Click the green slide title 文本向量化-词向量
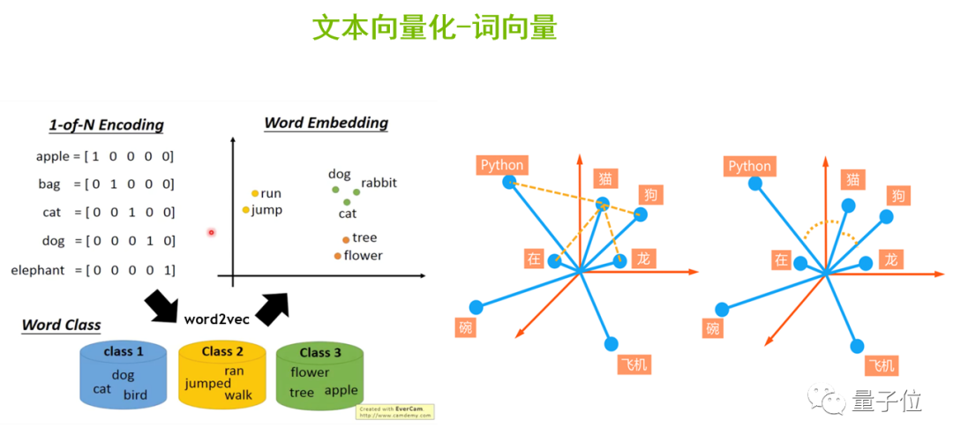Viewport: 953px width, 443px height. (x=434, y=28)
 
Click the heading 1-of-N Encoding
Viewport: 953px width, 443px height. (x=106, y=124)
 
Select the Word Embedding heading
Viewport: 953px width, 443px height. (x=326, y=122)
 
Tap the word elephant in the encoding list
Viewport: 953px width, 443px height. (x=38, y=270)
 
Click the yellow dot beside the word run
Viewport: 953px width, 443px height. (x=255, y=193)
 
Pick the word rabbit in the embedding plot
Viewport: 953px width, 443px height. (x=379, y=183)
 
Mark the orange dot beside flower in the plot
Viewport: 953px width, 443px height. (x=337, y=256)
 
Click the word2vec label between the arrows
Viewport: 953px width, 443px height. (x=216, y=319)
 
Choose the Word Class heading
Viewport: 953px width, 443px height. (x=62, y=325)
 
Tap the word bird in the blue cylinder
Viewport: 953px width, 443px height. (x=135, y=394)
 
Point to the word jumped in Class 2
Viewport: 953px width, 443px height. (x=207, y=384)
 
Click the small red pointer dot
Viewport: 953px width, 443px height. (x=211, y=232)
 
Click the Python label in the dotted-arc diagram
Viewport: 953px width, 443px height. (x=749, y=166)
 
